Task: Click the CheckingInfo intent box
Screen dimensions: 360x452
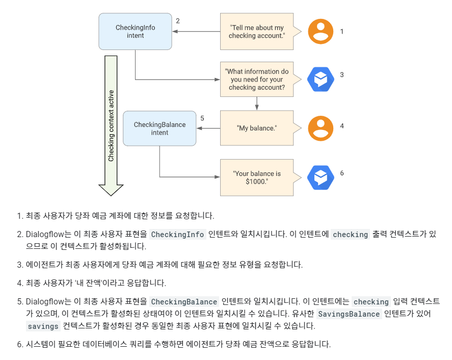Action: coord(135,32)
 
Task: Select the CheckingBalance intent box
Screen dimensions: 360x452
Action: coord(159,128)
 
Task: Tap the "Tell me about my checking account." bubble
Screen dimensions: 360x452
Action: coord(256,32)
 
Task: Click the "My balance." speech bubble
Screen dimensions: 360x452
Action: coord(256,128)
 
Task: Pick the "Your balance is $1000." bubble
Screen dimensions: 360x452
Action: coord(256,177)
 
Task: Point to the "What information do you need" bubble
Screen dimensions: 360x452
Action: coord(256,80)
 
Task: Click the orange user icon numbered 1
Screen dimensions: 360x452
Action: coord(321,32)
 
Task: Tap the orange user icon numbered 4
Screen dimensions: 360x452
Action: coord(321,128)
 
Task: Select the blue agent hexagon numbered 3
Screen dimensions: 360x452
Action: coord(321,80)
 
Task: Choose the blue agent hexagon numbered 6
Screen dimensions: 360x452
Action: coord(321,177)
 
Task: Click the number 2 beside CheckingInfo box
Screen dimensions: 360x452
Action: coord(178,21)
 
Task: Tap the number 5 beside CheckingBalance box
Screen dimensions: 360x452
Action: coord(202,118)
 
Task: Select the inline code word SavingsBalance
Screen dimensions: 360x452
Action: coord(349,314)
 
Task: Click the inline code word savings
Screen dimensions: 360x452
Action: coord(43,326)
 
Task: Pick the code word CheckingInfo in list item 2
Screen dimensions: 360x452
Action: coord(178,235)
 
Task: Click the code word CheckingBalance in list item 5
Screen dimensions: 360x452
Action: coord(184,302)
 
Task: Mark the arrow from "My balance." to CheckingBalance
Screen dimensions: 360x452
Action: coord(208,128)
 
